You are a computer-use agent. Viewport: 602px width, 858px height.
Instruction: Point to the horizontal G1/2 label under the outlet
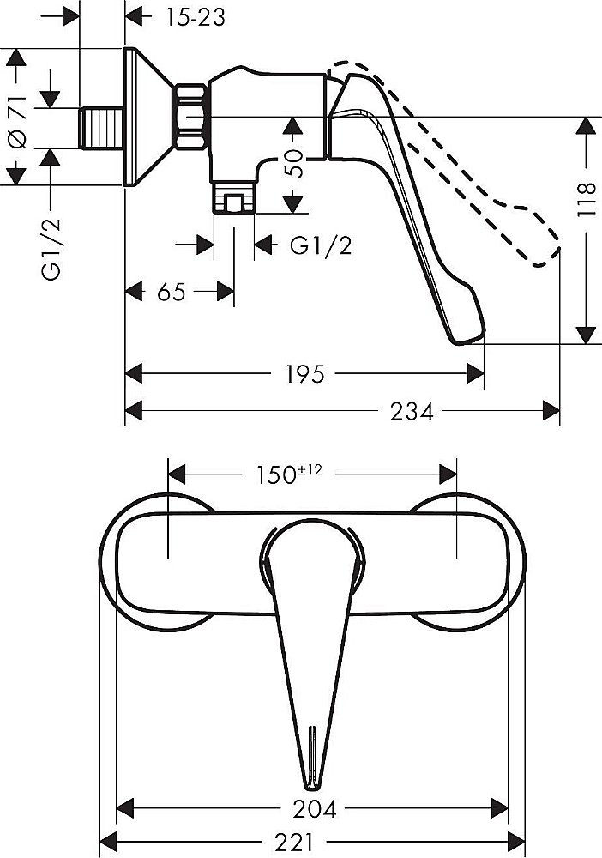coord(321,245)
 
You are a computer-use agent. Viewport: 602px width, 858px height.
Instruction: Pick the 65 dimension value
coord(172,292)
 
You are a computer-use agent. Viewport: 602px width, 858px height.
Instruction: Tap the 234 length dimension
coord(411,411)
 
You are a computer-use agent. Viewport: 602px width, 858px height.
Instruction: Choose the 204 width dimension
coord(314,807)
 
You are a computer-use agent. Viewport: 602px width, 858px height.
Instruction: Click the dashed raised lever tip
coord(540,249)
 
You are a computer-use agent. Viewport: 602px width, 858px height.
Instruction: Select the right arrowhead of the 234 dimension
coord(553,411)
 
